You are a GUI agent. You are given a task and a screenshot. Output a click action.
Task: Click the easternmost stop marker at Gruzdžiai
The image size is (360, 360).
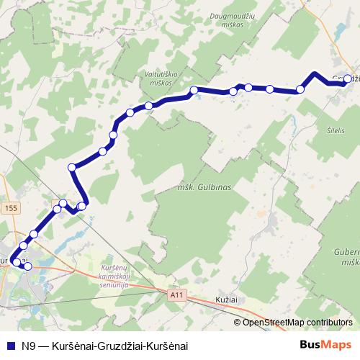coord(348,79)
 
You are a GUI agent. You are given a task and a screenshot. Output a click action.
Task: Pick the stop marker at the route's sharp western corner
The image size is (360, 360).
coord(72,168)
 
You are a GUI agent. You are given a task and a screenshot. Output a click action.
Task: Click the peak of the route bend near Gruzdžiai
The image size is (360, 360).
coord(315,74)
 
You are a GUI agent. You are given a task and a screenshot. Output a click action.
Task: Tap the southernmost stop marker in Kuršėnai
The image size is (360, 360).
coord(28,266)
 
